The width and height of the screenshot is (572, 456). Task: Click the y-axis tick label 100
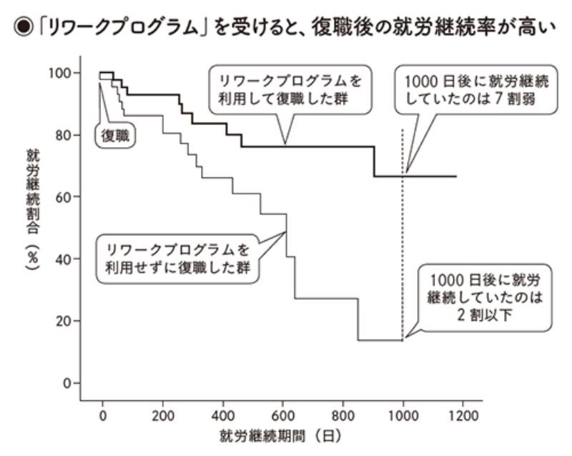pos(60,73)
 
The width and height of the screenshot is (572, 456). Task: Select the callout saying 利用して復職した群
pos(286,89)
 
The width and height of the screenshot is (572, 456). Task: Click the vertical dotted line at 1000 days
pos(403,236)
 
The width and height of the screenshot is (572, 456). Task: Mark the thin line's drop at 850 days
pos(357,319)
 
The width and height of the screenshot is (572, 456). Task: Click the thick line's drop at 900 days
pos(373,162)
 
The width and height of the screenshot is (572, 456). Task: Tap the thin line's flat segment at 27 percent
pos(325,298)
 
